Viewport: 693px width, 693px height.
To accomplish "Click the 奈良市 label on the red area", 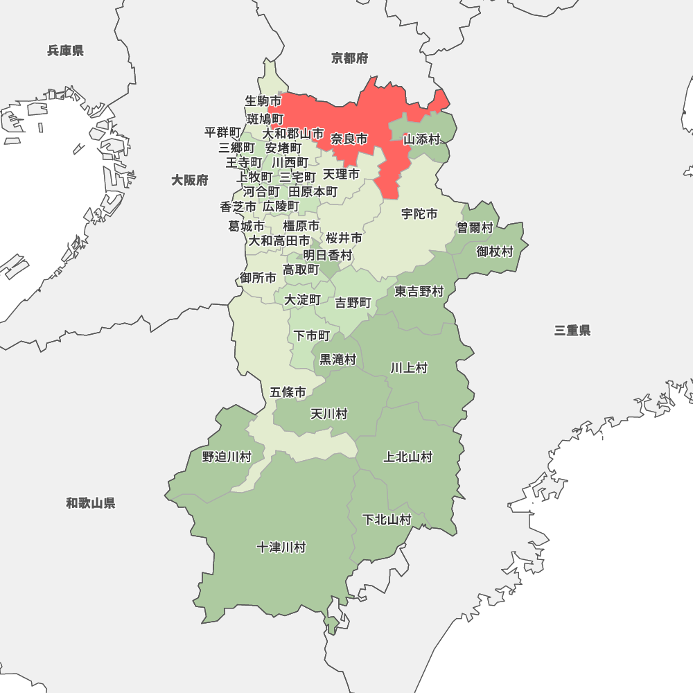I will pos(349,139).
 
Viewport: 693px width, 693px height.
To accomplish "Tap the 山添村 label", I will pos(422,139).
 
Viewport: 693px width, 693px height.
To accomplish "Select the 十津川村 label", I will pos(281,547).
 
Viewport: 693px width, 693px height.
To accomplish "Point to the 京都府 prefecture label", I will pos(350,58).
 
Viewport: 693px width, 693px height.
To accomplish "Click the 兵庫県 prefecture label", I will pos(66,51).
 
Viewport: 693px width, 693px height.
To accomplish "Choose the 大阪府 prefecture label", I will pos(190,180).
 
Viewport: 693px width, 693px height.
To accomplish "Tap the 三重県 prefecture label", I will pos(572,331).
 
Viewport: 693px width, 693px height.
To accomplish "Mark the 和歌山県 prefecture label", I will pos(91,503).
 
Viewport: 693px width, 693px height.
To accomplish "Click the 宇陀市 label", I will pos(419,214).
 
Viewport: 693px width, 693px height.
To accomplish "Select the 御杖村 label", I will pos(495,252).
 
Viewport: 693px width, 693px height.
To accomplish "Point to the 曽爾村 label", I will pos(475,228).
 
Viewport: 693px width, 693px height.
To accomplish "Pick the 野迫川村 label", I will pos(227,457).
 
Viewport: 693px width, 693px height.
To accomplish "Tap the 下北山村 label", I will pos(387,520).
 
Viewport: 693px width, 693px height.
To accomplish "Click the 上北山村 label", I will pos(408,457).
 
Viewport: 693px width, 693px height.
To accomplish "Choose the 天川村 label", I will pos(328,414).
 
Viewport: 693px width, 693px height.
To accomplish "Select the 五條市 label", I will pos(288,392).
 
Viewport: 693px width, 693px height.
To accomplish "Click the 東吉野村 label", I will pos(419,292).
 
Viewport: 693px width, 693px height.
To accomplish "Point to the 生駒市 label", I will pos(263,101).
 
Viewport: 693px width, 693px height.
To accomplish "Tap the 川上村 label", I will pos(409,368).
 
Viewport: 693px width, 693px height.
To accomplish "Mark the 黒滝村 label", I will pos(337,360).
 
